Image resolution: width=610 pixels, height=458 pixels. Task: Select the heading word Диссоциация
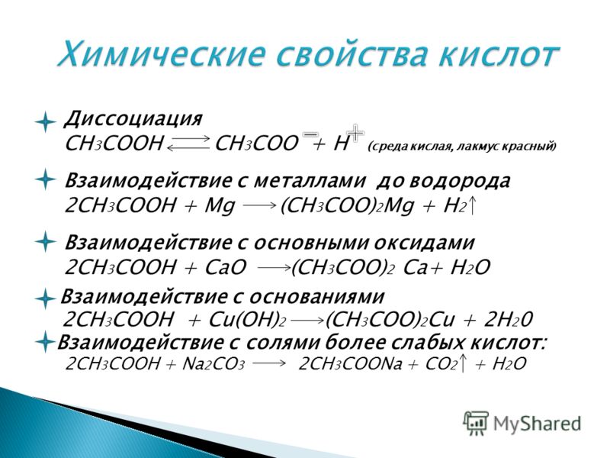[133, 119]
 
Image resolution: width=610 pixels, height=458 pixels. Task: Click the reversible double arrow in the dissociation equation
[188, 143]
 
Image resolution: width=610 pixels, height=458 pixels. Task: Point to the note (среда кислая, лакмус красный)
[462, 147]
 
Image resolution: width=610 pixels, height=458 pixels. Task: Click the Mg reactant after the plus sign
[220, 206]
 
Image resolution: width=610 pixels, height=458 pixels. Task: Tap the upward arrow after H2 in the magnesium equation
[471, 205]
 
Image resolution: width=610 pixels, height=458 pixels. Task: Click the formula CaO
[226, 268]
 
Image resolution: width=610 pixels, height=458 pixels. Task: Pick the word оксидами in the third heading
[425, 243]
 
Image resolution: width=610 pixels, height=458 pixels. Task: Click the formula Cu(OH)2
[248, 320]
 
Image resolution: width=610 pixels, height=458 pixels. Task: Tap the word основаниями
[316, 297]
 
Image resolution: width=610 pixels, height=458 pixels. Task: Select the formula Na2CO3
[213, 365]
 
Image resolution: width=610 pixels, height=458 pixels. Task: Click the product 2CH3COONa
[350, 365]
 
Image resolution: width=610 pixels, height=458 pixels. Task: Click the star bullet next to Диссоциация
[46, 122]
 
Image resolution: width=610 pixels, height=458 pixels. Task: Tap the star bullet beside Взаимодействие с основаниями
[46, 299]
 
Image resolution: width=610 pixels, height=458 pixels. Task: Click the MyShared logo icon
[476, 423]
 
